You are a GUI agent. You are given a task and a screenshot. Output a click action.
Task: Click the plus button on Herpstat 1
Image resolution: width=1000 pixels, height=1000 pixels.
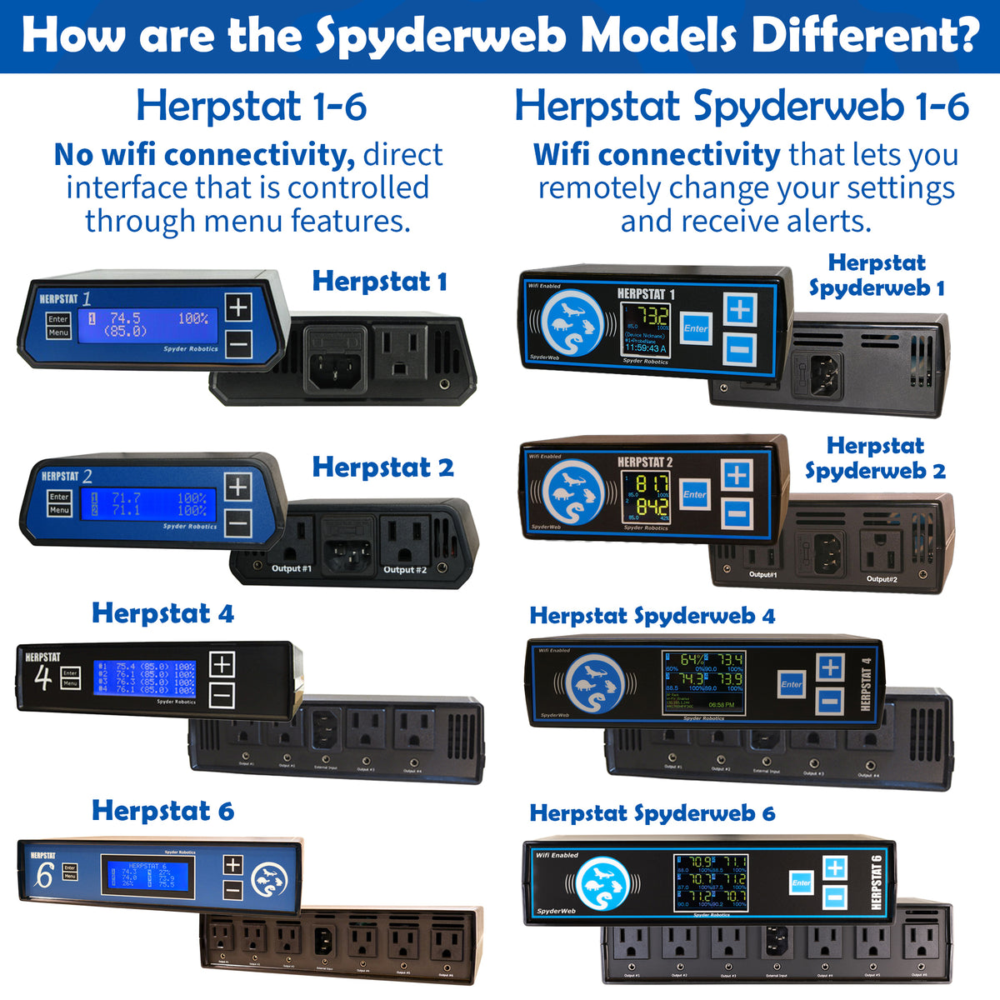coord(238,307)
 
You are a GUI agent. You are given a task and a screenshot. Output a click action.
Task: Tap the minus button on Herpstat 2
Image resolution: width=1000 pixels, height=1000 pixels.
coord(238,523)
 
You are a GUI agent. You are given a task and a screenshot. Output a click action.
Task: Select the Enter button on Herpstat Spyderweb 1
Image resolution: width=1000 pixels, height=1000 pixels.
coord(696,328)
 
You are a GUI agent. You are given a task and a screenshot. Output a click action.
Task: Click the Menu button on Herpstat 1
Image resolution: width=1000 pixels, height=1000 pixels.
coord(58,332)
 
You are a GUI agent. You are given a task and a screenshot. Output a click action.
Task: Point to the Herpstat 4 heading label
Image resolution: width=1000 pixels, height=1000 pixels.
coord(162,613)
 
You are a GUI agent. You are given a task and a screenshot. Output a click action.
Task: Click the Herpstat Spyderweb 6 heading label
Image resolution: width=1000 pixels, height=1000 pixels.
coord(652,813)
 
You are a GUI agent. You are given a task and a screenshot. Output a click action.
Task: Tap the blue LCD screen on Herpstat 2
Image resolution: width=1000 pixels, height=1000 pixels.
coord(148,504)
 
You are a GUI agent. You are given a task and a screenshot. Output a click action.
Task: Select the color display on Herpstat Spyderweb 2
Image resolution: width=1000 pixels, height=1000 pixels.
coord(646,497)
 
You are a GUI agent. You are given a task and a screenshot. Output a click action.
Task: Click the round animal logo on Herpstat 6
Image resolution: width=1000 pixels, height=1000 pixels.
coord(269,877)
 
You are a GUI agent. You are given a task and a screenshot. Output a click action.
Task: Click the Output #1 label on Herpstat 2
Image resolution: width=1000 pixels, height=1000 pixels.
coord(291,569)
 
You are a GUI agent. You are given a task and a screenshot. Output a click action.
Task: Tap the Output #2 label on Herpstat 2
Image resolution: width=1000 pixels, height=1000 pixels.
coord(404,570)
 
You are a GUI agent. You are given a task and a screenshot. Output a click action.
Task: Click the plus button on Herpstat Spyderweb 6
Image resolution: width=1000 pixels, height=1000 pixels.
coord(834,868)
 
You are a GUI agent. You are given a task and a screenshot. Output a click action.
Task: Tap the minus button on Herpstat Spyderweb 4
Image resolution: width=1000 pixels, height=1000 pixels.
coord(829,700)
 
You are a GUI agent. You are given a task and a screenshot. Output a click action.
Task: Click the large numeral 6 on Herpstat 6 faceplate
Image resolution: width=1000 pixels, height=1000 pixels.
coord(43,876)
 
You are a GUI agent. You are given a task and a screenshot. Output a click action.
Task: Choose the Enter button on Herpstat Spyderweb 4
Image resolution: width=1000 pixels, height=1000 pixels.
coord(791,685)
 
